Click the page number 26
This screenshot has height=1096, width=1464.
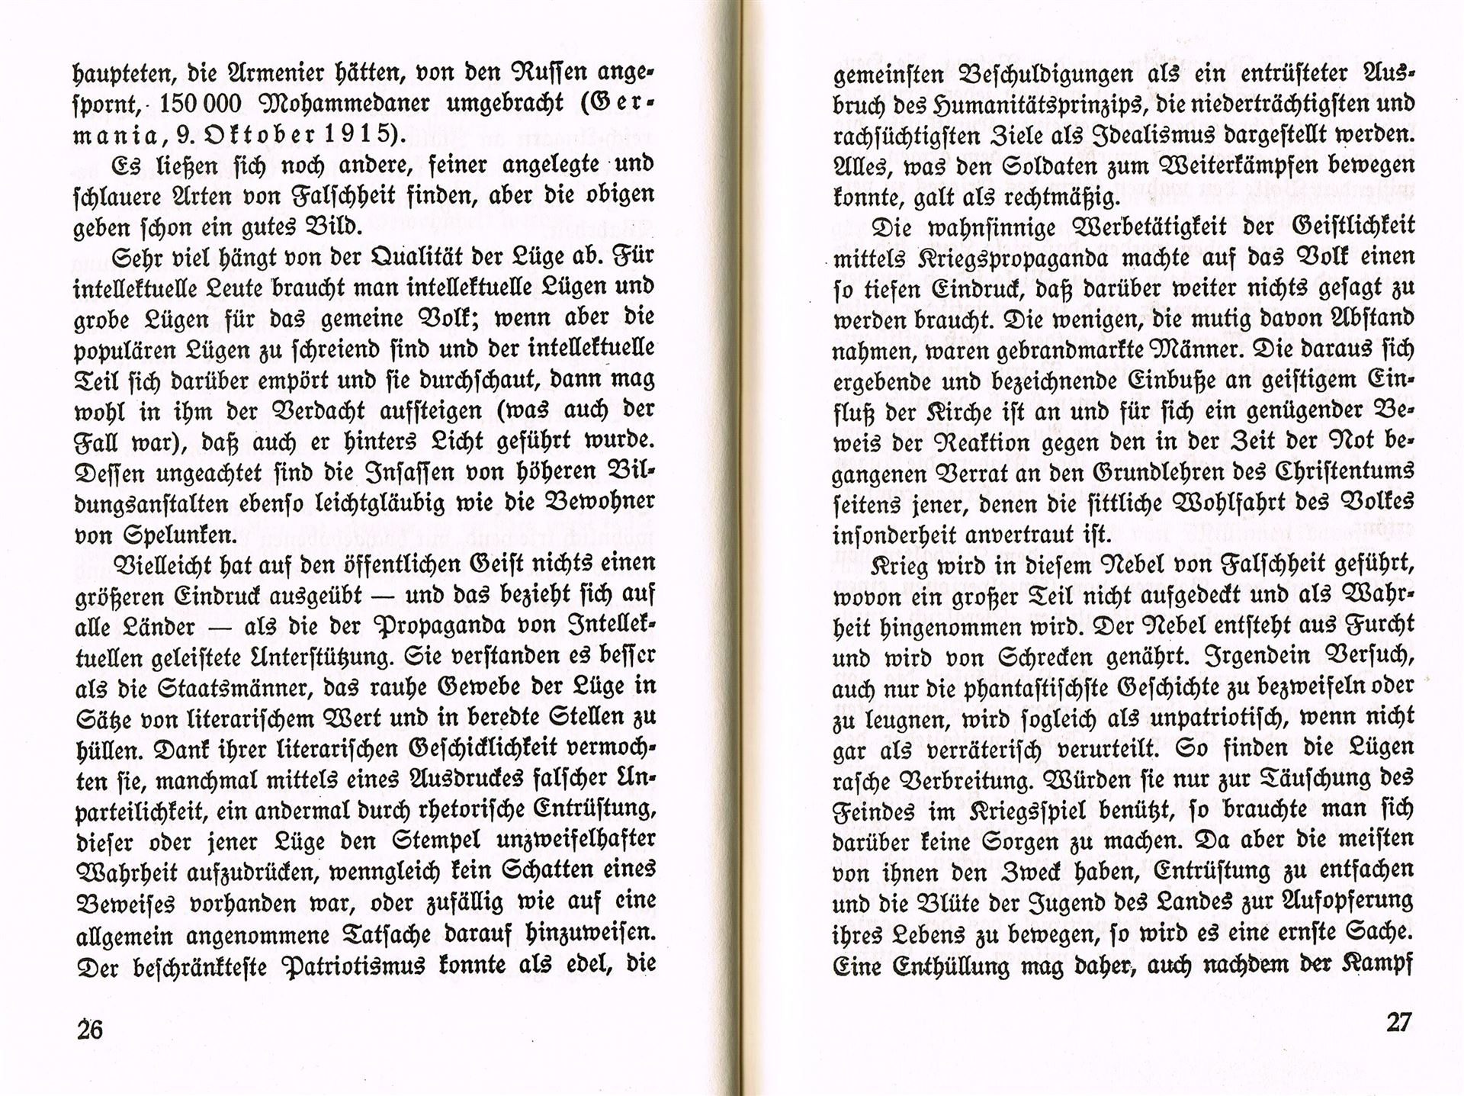pos(90,1029)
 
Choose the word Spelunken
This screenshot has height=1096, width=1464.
pos(179,535)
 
